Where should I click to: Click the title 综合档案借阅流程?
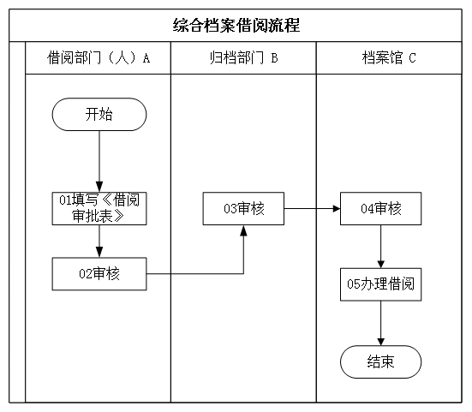[236, 26]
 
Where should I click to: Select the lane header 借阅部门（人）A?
[99, 57]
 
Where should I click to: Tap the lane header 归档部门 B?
[244, 57]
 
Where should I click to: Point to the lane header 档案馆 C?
[389, 57]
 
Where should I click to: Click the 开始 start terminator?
[99, 115]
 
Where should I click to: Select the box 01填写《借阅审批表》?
[99, 208]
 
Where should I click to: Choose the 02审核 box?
[99, 274]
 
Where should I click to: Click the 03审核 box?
[243, 208]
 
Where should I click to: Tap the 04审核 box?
[381, 208]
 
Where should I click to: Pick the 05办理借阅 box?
[381, 284]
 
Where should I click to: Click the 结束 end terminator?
[381, 361]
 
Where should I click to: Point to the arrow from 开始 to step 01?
[99, 161]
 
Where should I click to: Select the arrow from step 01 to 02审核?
[99, 241]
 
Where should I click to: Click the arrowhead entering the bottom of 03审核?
[243, 230]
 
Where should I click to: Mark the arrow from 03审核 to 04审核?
[312, 208]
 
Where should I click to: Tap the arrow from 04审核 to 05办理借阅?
[381, 247]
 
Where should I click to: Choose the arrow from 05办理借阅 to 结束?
[381, 323]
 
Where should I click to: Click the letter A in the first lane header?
[146, 58]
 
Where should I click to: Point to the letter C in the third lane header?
[412, 58]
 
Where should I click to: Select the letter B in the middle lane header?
[274, 58]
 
